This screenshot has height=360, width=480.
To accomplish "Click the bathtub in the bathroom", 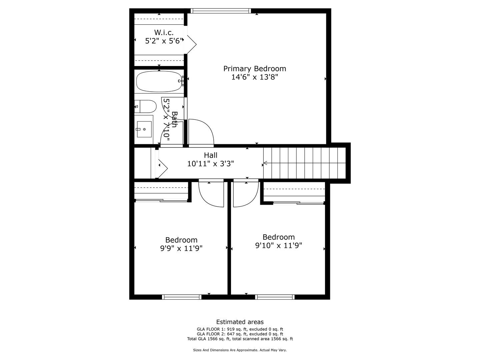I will coord(159,82).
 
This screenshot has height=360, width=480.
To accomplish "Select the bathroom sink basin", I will coord(144,129).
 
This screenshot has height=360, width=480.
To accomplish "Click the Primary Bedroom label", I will coord(254,69).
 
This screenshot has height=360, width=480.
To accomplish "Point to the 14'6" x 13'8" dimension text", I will coord(254,77).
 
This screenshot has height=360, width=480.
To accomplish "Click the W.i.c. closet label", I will coord(164,33).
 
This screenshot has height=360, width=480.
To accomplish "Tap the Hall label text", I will coord(211,155).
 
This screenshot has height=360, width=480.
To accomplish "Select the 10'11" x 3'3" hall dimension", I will coord(211,164).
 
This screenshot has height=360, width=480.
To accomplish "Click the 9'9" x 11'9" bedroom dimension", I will coord(181,248).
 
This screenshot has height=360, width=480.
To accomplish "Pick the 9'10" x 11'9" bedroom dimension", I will coord(278,246).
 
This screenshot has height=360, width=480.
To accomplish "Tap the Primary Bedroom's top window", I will coord(220,11).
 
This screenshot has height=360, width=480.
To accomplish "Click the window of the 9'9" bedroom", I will coord(182,297).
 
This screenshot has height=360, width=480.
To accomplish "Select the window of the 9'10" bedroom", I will coord(275,297).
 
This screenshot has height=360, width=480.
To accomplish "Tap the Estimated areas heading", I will coord(240,322).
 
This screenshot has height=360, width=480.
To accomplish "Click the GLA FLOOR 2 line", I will coord(240,334).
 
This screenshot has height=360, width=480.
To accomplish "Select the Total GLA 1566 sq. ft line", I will coord(240,339).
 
